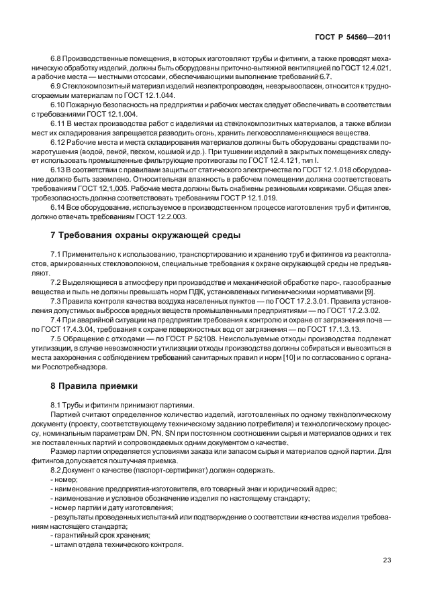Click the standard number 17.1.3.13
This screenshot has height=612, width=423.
pyautogui.click(x=344, y=330)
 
